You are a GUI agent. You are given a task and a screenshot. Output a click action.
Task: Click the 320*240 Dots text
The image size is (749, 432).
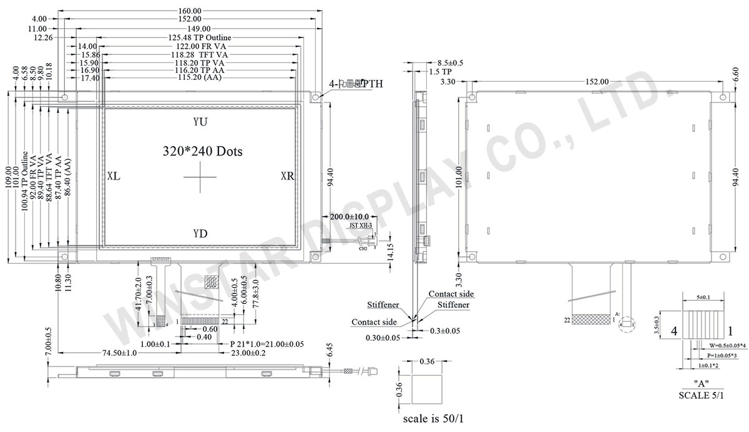click(202, 151)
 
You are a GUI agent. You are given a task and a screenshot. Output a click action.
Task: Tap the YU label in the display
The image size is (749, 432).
click(200, 121)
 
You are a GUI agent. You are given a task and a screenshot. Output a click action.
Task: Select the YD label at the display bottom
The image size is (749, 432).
click(200, 234)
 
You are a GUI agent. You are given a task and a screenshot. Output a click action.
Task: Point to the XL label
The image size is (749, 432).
click(114, 177)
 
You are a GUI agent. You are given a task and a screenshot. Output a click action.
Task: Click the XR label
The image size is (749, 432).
click(287, 177)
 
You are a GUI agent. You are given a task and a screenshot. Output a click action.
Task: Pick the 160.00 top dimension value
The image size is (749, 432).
click(189, 11)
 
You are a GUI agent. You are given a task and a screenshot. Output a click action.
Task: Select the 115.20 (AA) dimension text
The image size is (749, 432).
click(197, 77)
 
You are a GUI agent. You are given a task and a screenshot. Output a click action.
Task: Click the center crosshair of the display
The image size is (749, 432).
click(201, 179)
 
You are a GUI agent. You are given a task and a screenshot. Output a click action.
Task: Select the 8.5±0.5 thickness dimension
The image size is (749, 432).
click(450, 63)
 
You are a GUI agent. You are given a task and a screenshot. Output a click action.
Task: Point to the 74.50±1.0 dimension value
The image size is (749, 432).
click(120, 353)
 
